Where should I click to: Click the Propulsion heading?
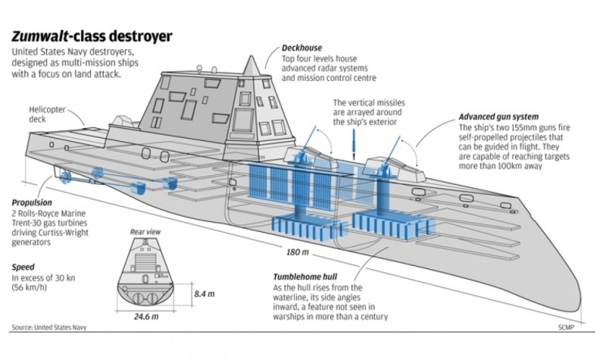33,203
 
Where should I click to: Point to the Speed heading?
23,267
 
